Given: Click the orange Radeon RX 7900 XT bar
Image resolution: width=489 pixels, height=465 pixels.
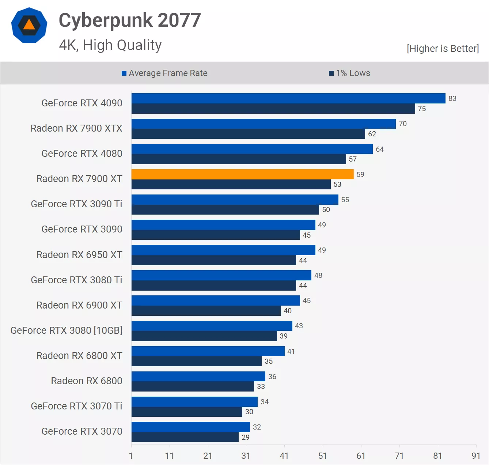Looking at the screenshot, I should (242, 174).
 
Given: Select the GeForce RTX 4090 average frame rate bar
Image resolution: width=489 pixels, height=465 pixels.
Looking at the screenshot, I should (288, 98).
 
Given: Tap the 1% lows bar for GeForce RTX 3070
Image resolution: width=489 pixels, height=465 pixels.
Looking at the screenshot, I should (185, 437).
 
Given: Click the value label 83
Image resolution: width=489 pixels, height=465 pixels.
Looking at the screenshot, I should (452, 98).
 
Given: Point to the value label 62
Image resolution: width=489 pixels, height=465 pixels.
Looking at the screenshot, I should (372, 134).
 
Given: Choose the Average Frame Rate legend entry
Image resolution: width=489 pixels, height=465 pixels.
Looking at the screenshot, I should (164, 73).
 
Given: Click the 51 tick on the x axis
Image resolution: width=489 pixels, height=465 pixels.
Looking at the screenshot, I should (322, 456).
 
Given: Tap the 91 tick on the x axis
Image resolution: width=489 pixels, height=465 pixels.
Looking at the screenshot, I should (476, 456).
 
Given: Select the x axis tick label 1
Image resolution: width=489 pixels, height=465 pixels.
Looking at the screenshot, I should (131, 456).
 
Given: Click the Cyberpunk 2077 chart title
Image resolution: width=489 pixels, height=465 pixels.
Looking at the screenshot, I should (130, 20).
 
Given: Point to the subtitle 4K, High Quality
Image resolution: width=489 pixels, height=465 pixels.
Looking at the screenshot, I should (110, 45).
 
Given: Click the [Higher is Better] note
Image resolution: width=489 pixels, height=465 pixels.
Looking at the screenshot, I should (443, 49).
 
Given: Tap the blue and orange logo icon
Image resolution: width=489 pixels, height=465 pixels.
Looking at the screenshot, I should (29, 25).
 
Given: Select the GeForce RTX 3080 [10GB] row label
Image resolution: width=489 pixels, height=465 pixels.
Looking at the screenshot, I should (66, 330).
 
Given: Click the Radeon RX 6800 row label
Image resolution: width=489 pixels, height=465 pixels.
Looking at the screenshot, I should (87, 381).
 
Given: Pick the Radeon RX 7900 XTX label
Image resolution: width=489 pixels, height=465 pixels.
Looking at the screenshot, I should (76, 128).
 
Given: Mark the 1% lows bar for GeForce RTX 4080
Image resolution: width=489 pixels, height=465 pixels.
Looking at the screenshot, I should (239, 159).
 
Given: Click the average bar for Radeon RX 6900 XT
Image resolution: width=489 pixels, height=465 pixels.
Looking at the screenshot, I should (216, 300).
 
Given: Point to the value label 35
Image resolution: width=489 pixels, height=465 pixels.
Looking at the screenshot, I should (269, 361).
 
